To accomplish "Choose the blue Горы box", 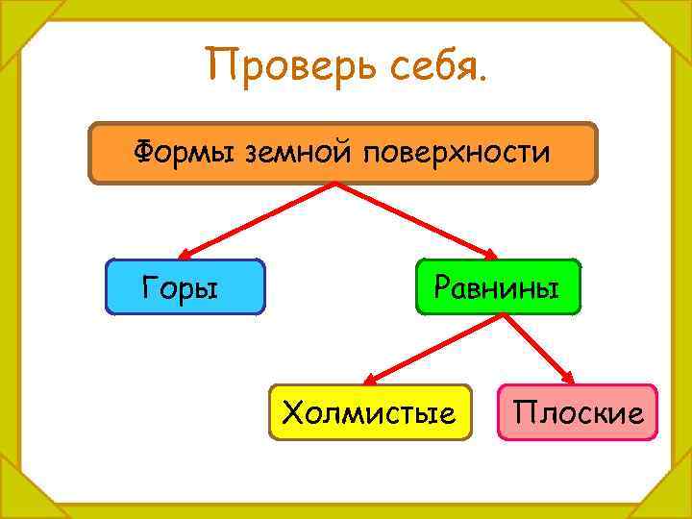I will [x=185, y=287].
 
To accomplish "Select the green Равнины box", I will [x=498, y=287].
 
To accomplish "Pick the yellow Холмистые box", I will [x=370, y=412].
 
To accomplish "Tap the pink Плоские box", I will [x=578, y=412].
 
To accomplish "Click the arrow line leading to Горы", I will [x=259, y=219].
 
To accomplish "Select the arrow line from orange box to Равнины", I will [x=413, y=219].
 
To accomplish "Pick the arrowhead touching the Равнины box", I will [x=490, y=255].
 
